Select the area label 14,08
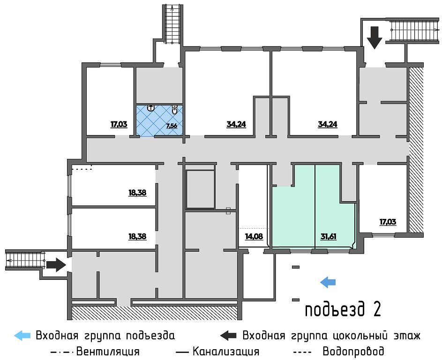point(254,236)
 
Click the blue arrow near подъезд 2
point(328,282)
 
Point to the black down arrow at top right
point(375,37)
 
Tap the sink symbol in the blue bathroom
point(151,108)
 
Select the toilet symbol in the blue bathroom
point(174,111)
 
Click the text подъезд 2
point(342,310)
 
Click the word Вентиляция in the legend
point(107,351)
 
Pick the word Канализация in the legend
point(225,351)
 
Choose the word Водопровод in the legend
point(353,351)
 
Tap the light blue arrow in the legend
point(23,336)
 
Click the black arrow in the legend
point(229,336)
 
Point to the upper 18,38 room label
point(137,192)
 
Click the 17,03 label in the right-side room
point(388,222)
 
